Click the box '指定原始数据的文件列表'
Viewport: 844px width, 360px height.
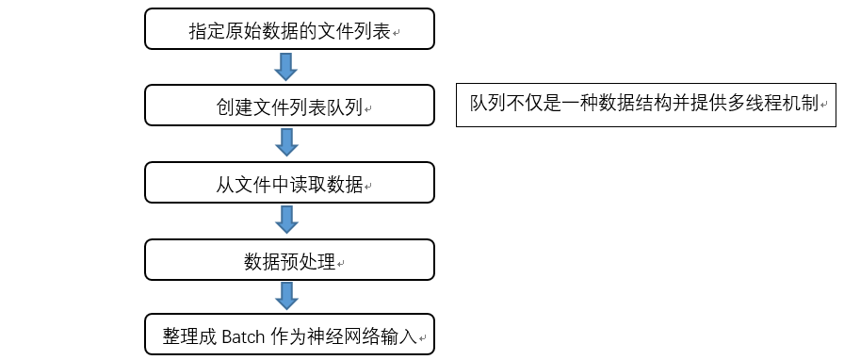289,29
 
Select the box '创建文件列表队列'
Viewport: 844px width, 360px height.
289,106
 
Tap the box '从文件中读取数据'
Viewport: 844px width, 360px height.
289,182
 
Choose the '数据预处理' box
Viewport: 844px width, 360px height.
289,259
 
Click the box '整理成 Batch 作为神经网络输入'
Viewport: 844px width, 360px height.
289,335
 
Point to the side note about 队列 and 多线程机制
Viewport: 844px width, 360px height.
646,104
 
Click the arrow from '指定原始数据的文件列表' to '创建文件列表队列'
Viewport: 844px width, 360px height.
286,66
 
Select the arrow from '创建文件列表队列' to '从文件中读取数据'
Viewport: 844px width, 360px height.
286,142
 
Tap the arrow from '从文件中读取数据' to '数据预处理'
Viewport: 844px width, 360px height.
286,220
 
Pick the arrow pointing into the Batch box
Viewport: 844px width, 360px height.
286,296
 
